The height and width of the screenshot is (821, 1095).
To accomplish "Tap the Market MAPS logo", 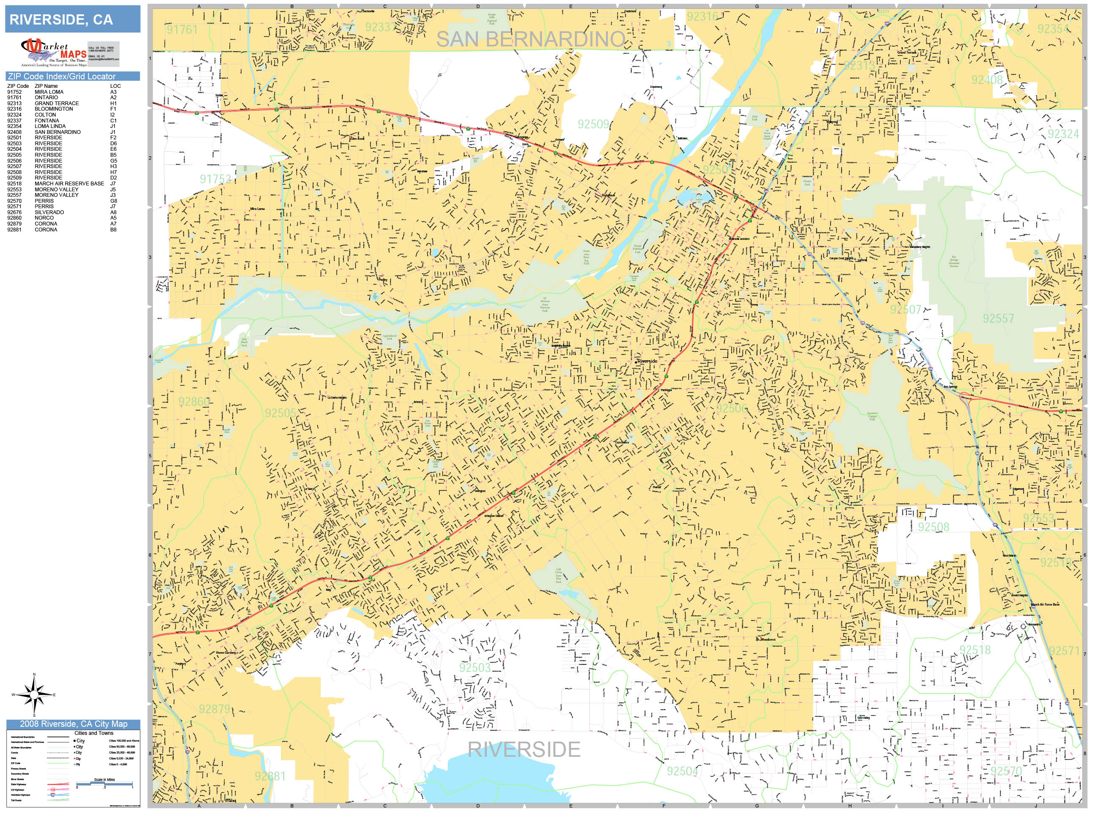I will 54,52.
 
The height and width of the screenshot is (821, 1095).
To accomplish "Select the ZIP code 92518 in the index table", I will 14,184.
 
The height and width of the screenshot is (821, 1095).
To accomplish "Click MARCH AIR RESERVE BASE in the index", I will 69,184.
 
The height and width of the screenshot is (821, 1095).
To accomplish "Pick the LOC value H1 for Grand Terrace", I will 113,103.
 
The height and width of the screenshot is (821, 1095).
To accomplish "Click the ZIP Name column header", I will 46,86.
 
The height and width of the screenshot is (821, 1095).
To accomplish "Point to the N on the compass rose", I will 34,674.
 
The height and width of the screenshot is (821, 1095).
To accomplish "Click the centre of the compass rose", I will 34,695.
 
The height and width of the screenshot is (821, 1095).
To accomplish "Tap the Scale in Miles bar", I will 104,783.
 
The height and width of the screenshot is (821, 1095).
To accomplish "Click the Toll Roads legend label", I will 16,800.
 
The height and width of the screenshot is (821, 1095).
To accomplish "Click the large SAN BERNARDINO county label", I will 530,40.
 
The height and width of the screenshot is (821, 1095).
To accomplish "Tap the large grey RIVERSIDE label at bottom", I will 524,749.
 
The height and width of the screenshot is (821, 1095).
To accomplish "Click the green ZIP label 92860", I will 194,401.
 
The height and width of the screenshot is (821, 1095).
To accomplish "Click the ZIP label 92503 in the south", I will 474,668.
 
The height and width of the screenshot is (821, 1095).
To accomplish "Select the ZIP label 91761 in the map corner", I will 182,30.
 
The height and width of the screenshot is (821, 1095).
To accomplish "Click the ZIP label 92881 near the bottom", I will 270,776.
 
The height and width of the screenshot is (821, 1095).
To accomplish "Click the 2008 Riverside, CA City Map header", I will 73,724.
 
